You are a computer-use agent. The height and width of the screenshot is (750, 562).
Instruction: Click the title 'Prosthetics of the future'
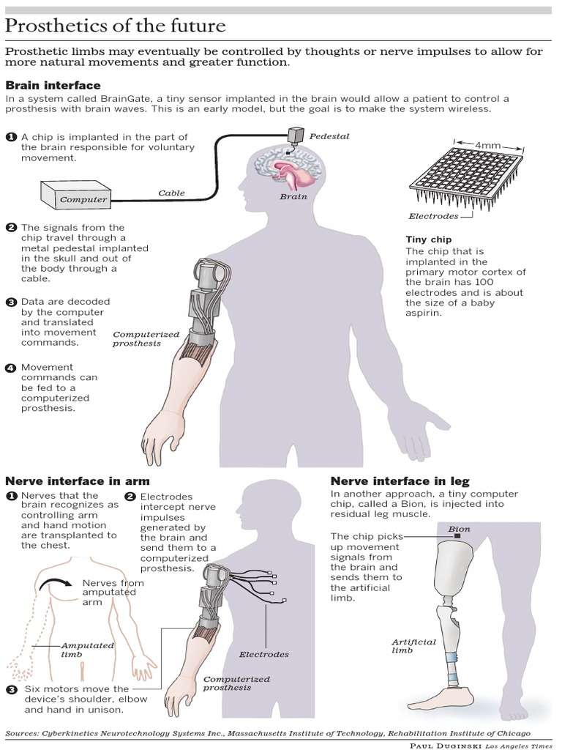(x=116, y=26)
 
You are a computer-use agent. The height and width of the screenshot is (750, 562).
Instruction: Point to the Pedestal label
(x=329, y=136)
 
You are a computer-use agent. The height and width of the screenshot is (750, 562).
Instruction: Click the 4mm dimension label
(x=487, y=145)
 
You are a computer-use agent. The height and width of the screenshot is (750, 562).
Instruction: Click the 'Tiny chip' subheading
(x=428, y=239)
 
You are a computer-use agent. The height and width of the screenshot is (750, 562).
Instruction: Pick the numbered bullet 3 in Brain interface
(x=11, y=301)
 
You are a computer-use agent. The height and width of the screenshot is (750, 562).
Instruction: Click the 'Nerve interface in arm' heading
(x=78, y=481)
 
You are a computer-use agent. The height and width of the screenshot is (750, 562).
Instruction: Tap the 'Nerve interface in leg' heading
(x=400, y=481)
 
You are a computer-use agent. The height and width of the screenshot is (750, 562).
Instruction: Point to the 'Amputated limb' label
(x=87, y=650)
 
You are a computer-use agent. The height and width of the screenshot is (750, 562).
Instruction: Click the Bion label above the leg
(x=459, y=528)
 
